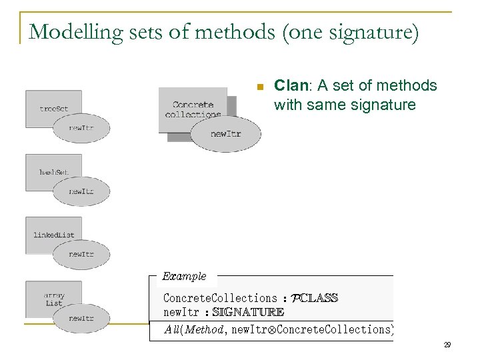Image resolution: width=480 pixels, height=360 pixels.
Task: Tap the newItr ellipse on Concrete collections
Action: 225,134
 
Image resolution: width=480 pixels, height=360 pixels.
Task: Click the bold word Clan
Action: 288,86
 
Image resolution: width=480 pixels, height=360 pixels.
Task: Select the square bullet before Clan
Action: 260,87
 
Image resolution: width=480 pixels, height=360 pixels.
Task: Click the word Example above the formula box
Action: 185,276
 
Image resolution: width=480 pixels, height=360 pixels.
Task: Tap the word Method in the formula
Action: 203,329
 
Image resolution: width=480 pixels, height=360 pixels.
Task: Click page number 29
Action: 447,345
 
